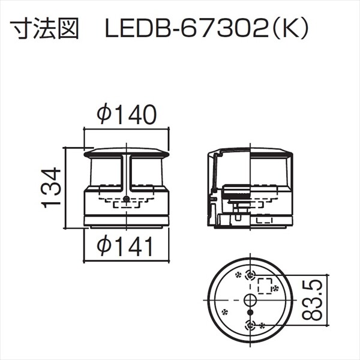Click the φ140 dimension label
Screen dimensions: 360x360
(x=126, y=114)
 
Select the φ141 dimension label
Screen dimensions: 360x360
(x=126, y=246)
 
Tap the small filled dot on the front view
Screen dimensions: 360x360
(x=126, y=199)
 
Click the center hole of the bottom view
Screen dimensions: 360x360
(x=250, y=299)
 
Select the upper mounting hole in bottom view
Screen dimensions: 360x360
(x=250, y=274)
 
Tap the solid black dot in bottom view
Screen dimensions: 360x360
(x=250, y=312)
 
